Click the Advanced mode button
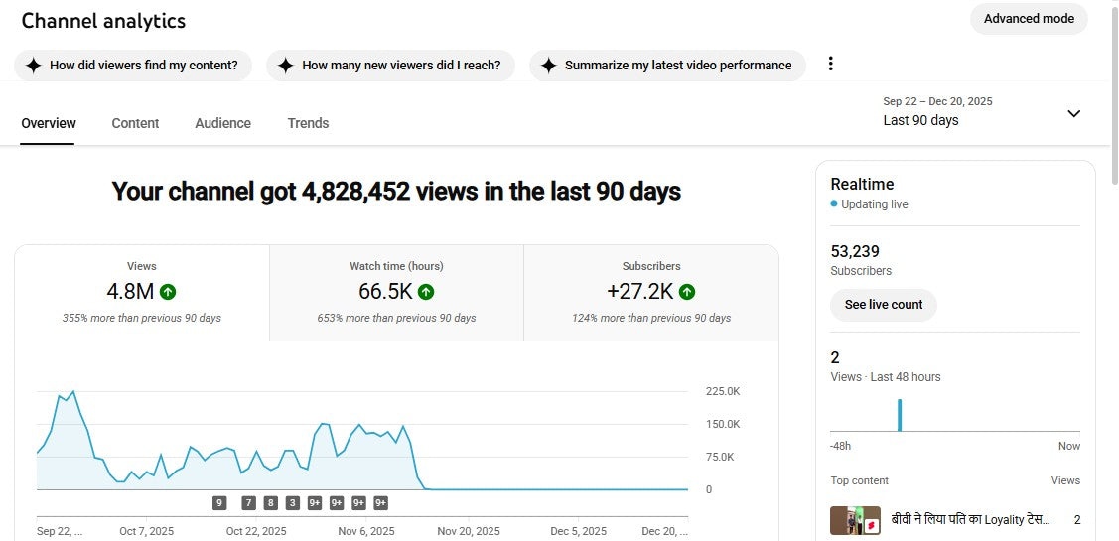click(x=1029, y=19)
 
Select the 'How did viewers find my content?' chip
click(x=133, y=66)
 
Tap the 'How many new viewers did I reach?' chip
click(x=390, y=66)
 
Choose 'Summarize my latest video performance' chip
click(x=667, y=66)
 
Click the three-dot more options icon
click(x=831, y=64)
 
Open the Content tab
click(x=135, y=123)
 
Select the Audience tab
click(x=222, y=123)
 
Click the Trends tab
click(x=308, y=123)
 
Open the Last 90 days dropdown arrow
click(x=1073, y=113)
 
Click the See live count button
click(x=884, y=305)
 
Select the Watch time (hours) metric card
click(x=396, y=293)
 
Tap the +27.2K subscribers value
click(x=641, y=292)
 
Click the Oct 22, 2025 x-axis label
click(x=256, y=531)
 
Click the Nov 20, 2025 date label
click(x=469, y=531)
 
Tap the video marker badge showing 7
click(x=248, y=503)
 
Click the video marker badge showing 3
click(x=293, y=503)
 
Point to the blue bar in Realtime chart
click(x=900, y=415)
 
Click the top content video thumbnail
click(x=855, y=520)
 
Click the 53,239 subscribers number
click(x=855, y=251)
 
